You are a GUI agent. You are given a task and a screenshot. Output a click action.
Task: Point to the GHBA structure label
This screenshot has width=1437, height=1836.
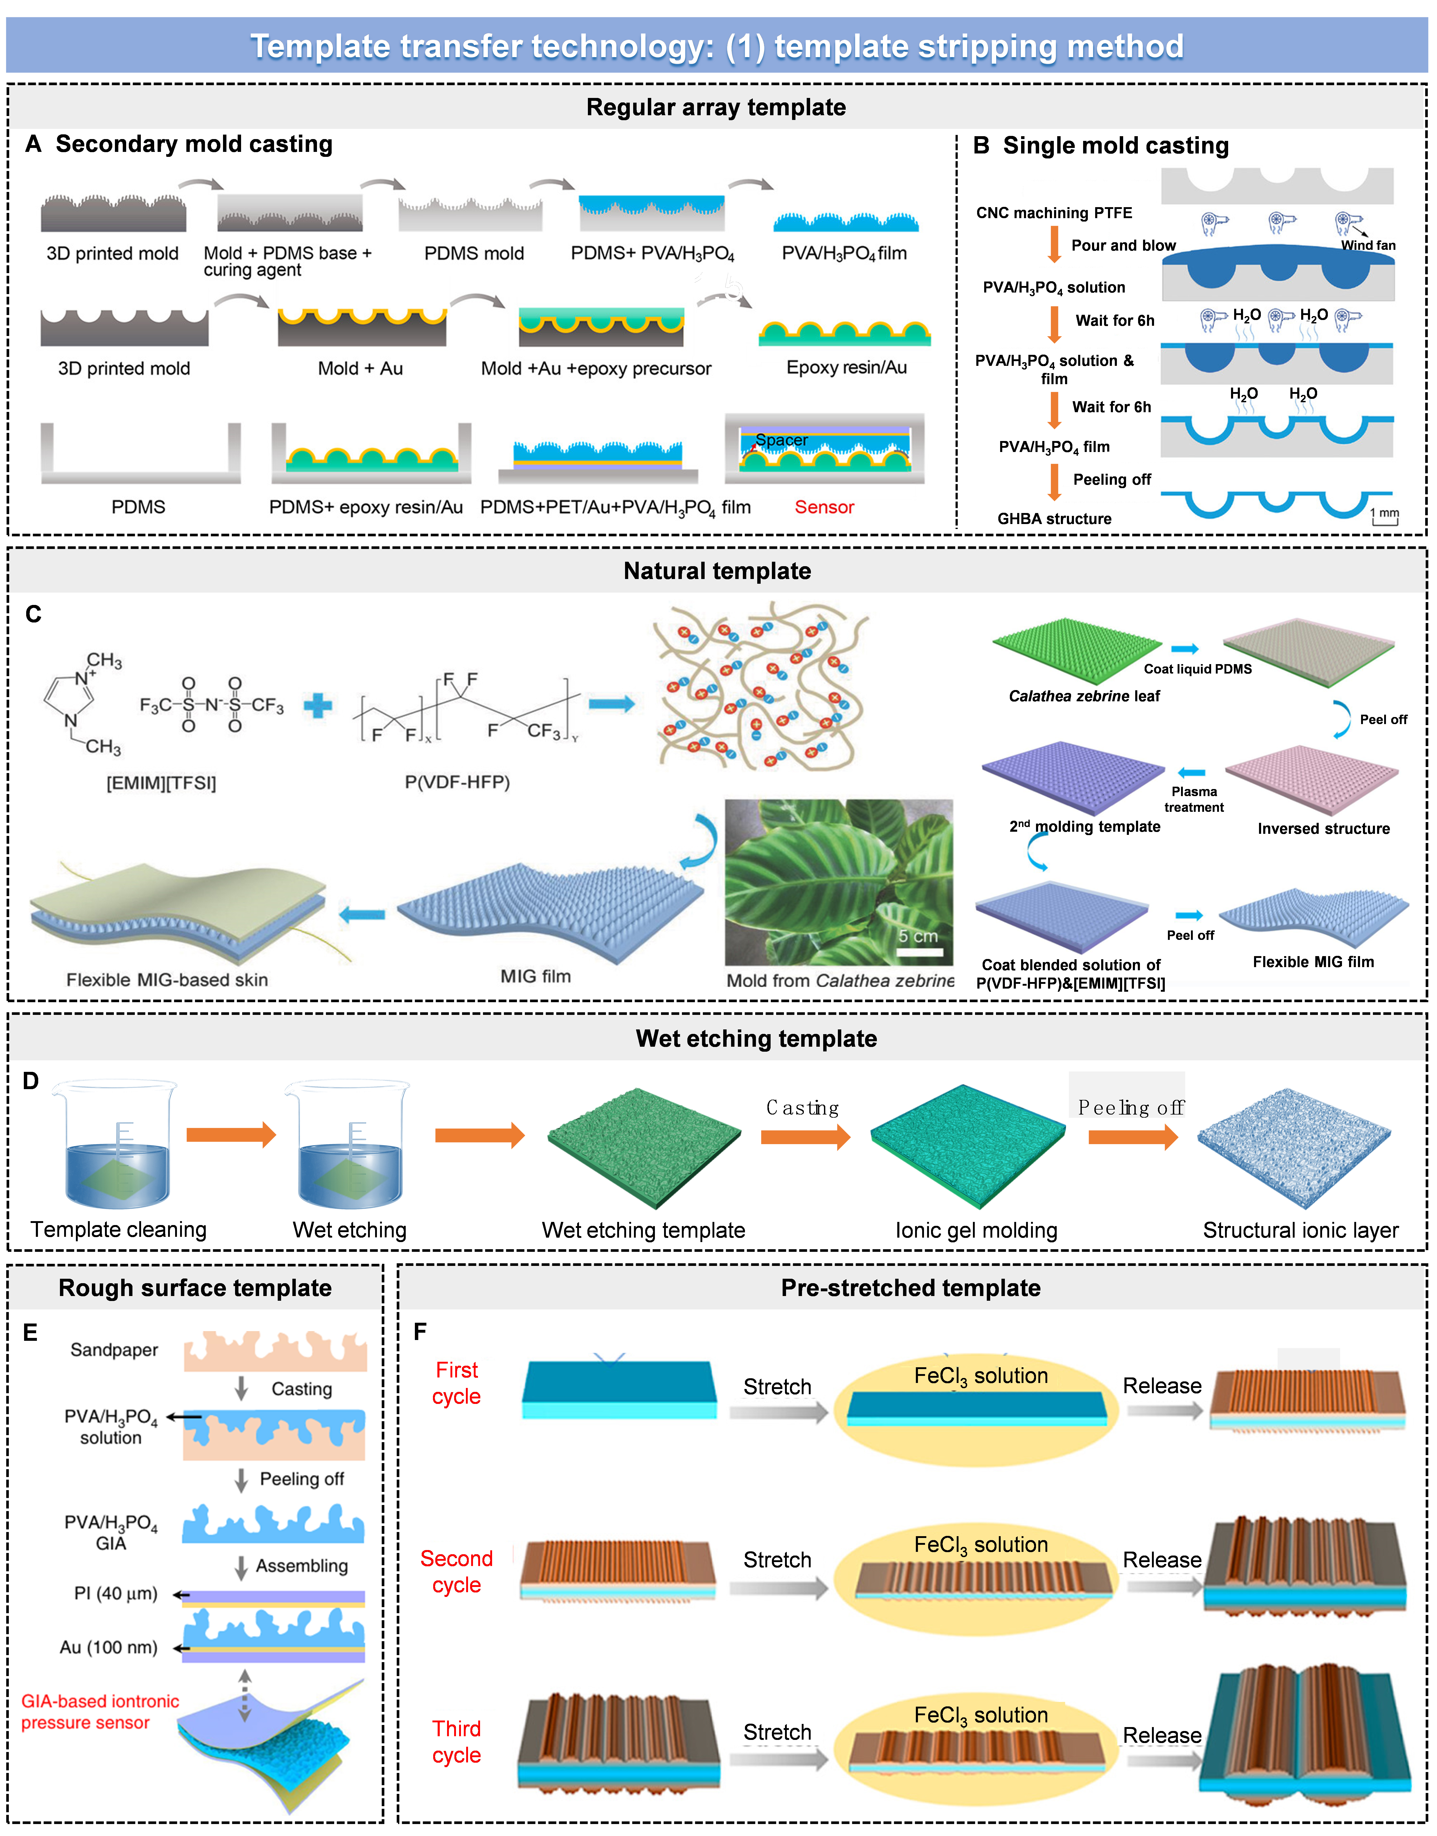pyautogui.click(x=1054, y=519)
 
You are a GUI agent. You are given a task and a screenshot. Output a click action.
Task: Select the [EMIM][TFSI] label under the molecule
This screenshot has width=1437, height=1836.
pyautogui.click(x=161, y=783)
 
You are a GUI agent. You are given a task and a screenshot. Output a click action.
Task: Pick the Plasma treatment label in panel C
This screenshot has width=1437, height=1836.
pyautogui.click(x=1194, y=799)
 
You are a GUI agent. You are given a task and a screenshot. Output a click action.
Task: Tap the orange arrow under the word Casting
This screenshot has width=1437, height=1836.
pyautogui.click(x=805, y=1137)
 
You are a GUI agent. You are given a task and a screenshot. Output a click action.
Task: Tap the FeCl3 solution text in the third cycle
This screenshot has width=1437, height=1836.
pyautogui.click(x=981, y=1715)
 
